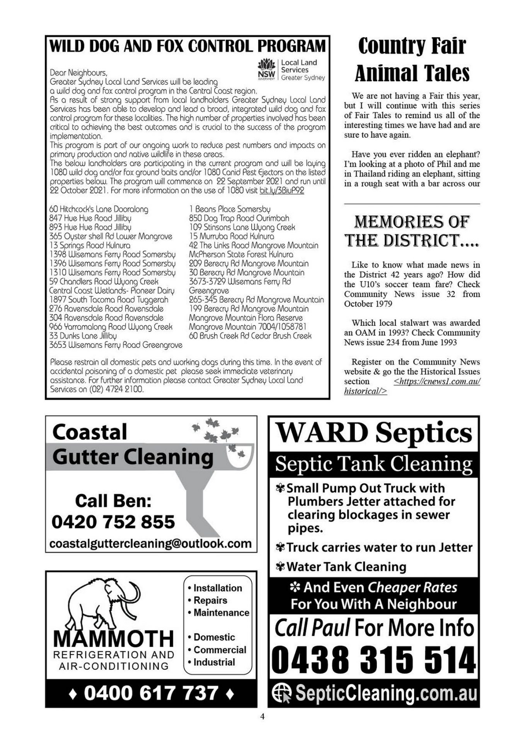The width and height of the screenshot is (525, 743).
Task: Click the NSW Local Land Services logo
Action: coord(291,70)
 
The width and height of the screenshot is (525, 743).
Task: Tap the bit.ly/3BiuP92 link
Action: coord(281,190)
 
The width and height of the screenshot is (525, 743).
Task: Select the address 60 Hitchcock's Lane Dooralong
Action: coord(99,209)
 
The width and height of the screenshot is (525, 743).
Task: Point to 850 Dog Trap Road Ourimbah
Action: coord(239,218)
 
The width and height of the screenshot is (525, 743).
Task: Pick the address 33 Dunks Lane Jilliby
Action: coord(83,336)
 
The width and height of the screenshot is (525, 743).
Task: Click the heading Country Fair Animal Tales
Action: coord(412,59)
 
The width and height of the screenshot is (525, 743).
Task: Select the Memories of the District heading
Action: coord(412,231)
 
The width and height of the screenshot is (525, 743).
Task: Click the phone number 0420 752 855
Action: coord(113,522)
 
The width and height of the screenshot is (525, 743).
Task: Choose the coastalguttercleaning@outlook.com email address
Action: coord(150,543)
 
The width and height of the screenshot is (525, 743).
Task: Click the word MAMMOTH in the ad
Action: coord(113,639)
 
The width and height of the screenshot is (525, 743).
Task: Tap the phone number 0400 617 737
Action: coord(151,693)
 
